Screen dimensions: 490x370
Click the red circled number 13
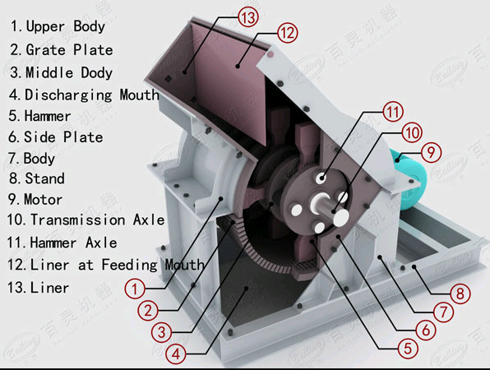point(248,17)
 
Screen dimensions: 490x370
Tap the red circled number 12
point(288,33)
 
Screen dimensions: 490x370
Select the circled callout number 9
point(431,152)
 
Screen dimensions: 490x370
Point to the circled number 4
point(176,354)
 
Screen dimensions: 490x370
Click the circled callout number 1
point(135,289)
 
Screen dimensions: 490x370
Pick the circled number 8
point(460,294)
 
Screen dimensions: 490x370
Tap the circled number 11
point(393,112)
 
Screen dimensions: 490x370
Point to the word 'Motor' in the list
point(43,199)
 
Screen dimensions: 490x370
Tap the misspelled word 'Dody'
point(96,72)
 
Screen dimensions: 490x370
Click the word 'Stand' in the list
point(44,178)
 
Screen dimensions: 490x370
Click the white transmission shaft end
point(340,218)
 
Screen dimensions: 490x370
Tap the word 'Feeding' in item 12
point(129,266)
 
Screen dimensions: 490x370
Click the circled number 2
point(148,310)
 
